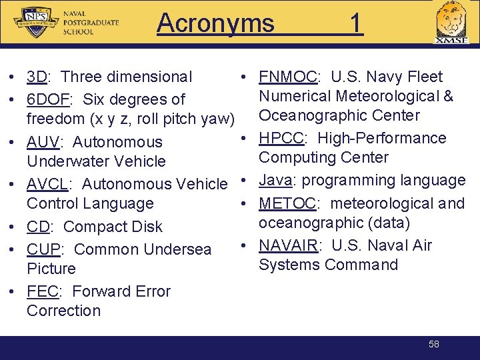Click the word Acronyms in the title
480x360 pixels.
pos(215,23)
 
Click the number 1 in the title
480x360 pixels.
pos(356,23)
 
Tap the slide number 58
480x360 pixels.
pos(434,344)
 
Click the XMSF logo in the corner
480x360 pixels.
pos(451,24)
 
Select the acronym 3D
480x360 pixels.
pos(37,77)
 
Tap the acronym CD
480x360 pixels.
pos(38,227)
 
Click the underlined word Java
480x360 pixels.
pos(275,181)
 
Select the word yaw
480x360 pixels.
pos(220,119)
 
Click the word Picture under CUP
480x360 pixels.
pos(51,269)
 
